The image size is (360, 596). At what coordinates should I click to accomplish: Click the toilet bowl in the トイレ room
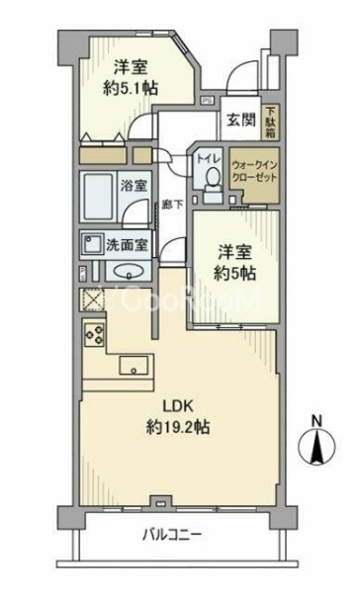211,176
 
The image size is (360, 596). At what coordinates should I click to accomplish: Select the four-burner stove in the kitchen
95,335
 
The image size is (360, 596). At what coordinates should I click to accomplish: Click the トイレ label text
211,155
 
